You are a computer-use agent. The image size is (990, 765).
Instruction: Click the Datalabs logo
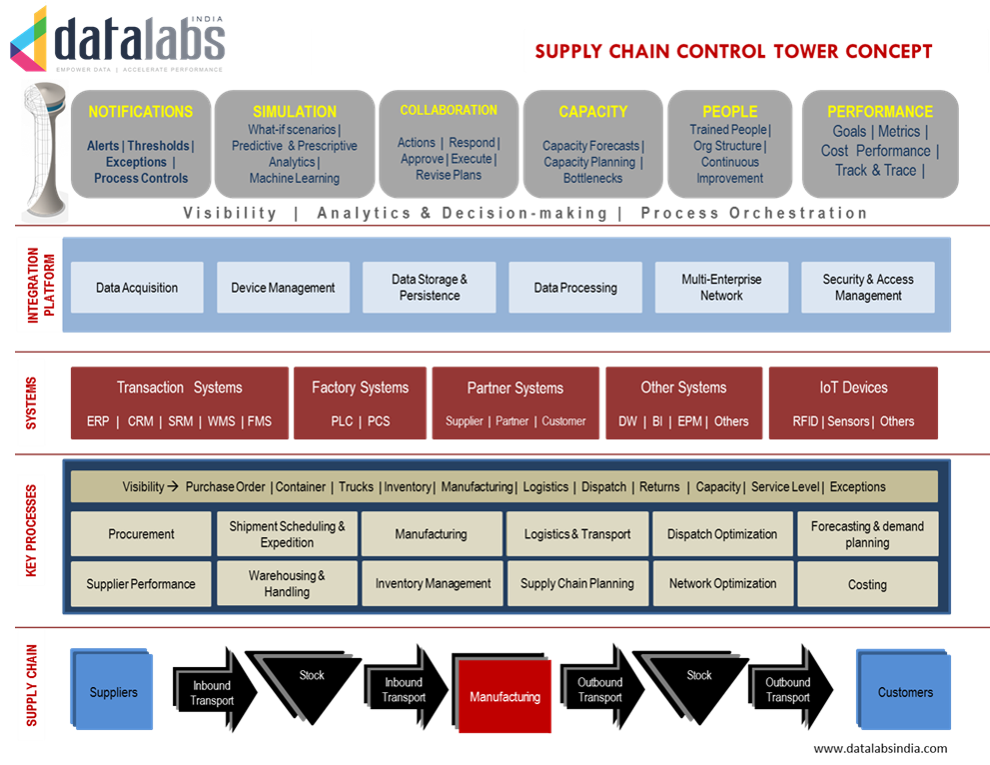[120, 40]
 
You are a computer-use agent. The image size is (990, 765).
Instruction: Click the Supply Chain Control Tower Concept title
[733, 52]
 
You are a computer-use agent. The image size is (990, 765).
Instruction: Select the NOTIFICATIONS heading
[141, 112]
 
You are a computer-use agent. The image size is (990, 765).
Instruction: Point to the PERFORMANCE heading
[879, 112]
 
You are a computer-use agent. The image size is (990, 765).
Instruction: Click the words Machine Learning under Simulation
[295, 179]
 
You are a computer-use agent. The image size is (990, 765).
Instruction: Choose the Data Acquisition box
[137, 288]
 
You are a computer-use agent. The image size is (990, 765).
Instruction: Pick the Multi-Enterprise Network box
[721, 288]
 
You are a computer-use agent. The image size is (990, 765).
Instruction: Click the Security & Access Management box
[868, 288]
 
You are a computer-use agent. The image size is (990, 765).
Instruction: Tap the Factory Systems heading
[360, 387]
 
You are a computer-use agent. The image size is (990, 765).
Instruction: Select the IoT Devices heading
[853, 387]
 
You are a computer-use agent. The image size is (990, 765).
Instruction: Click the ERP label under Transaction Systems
[98, 421]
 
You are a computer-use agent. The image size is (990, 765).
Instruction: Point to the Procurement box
[141, 534]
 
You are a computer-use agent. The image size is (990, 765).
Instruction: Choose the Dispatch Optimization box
[722, 534]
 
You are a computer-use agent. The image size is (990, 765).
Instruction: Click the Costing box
[867, 585]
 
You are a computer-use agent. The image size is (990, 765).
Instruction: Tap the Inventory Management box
[433, 584]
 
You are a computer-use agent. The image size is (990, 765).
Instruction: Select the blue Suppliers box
[113, 692]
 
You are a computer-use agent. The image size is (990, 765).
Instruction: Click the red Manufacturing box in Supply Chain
[504, 696]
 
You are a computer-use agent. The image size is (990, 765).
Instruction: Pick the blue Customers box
[905, 692]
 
